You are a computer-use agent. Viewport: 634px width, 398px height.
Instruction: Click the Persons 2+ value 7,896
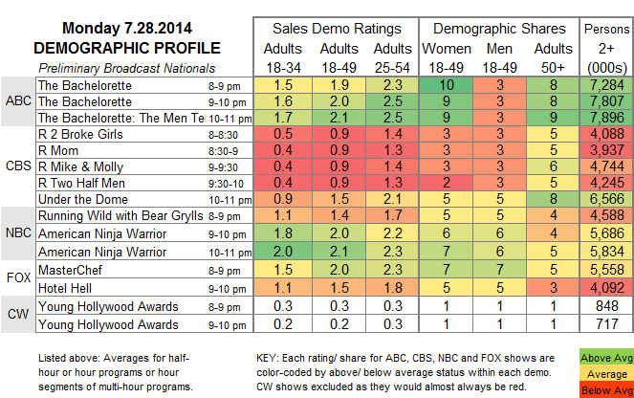click(605, 117)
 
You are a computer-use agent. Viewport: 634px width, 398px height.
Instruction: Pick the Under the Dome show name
click(75, 198)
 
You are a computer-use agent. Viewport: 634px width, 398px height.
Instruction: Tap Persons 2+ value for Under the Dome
click(605, 198)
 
